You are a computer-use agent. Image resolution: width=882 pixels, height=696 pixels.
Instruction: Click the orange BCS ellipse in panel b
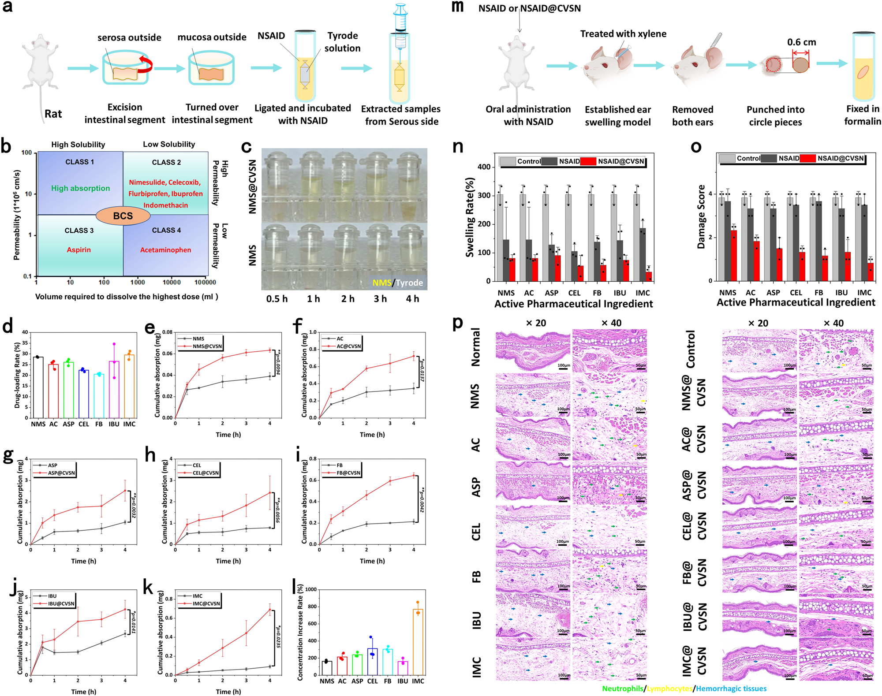(123, 216)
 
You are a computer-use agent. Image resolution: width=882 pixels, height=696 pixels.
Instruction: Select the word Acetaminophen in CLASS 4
(165, 250)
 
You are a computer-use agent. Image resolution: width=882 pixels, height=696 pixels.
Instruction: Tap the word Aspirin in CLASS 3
(78, 249)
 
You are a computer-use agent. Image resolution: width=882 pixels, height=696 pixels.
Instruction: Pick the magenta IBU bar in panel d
(114, 389)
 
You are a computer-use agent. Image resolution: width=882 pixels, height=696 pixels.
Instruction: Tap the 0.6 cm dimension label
(801, 42)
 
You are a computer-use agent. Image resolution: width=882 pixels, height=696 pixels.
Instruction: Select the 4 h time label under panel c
(412, 299)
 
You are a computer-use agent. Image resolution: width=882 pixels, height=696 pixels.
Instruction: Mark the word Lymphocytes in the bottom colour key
(669, 689)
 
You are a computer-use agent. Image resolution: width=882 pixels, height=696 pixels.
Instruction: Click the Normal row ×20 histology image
(533, 350)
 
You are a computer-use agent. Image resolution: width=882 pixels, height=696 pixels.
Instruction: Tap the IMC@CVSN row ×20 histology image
(759, 659)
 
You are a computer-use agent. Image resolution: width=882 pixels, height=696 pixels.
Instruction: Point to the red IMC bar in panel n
(648, 276)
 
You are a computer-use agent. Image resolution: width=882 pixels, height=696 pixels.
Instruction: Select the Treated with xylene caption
(623, 34)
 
